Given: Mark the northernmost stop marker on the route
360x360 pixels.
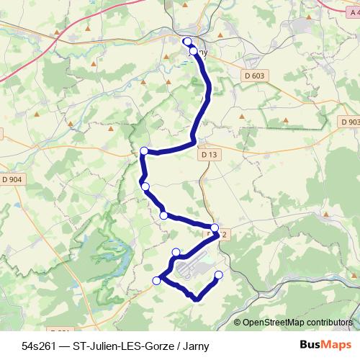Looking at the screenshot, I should (186, 42).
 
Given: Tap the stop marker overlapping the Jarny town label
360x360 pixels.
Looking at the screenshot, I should (193, 51).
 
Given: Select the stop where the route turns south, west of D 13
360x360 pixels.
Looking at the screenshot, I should (144, 150).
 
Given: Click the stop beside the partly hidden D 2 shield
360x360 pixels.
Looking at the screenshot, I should (215, 228).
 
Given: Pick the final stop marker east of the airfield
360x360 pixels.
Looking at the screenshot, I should (219, 274).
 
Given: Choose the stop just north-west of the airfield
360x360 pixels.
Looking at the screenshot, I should (176, 251).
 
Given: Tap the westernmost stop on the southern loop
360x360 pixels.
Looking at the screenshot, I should (156, 281).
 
